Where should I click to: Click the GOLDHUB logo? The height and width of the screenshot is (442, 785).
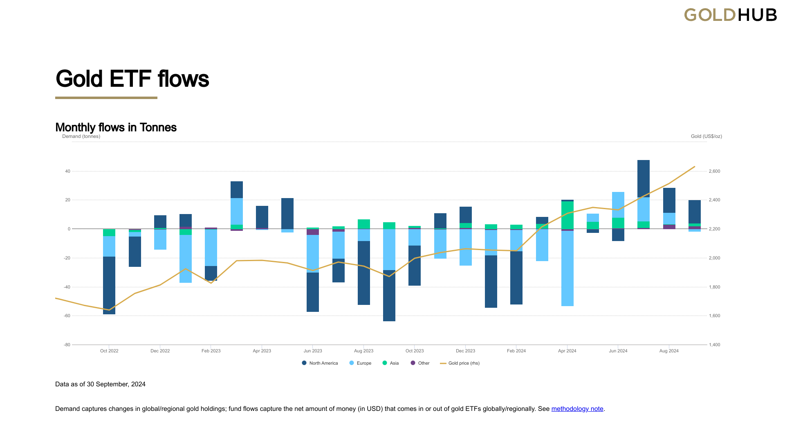point(730,15)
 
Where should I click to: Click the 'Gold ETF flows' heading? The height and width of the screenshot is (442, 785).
point(132,79)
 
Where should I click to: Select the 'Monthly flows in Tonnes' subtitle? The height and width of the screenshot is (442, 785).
point(116,128)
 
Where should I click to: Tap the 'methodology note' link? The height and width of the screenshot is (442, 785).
point(577,409)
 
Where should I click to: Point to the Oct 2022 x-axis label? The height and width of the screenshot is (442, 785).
point(109,351)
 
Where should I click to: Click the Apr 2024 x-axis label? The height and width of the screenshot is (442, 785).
point(567,351)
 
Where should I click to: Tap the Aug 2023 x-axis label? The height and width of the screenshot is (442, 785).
point(363,351)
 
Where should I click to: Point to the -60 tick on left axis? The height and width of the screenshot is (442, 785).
point(67,316)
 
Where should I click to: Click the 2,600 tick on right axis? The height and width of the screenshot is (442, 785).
point(714,171)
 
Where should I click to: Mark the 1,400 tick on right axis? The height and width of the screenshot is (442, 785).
point(714,345)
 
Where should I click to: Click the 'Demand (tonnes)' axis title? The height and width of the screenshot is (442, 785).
point(81,136)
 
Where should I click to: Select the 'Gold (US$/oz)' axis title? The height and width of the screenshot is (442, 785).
point(706,136)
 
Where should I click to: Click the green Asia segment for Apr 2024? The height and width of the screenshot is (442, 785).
point(567,215)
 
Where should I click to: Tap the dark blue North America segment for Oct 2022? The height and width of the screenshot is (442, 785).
point(109,285)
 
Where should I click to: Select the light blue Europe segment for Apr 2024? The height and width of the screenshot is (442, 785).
point(567,268)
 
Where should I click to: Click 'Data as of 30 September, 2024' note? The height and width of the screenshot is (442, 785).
point(100,384)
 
